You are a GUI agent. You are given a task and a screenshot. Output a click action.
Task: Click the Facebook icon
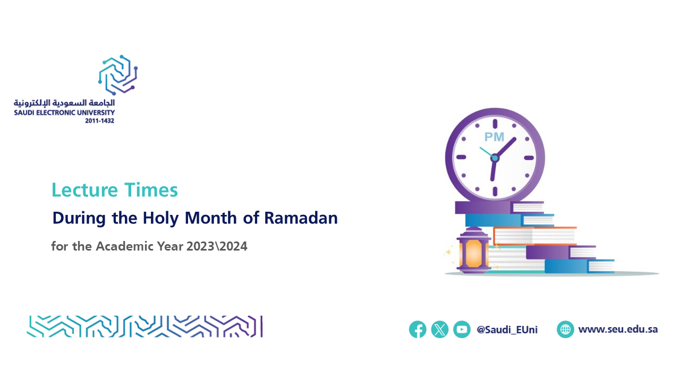pyautogui.click(x=418, y=329)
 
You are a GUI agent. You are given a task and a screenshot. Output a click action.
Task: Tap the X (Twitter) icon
pyautogui.click(x=439, y=329)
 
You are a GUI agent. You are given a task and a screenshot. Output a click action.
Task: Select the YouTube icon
pyautogui.click(x=462, y=329)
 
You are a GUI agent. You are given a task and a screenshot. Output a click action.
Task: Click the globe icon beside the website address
pyautogui.click(x=565, y=329)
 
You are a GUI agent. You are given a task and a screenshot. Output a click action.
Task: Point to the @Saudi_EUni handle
pyautogui.click(x=507, y=330)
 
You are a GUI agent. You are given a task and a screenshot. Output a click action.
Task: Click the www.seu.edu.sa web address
pyautogui.click(x=618, y=329)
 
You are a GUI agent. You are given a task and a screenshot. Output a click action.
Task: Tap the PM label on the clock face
pyautogui.click(x=494, y=137)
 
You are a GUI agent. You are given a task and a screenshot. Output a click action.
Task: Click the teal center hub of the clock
pyautogui.click(x=495, y=158)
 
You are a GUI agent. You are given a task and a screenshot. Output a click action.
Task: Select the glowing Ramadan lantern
pyautogui.click(x=473, y=250)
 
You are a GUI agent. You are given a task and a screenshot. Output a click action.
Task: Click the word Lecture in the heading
pyautogui.click(x=84, y=190)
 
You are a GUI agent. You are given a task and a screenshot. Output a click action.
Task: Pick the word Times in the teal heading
pyautogui.click(x=151, y=190)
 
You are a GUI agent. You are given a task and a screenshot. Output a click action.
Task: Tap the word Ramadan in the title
pyautogui.click(x=301, y=218)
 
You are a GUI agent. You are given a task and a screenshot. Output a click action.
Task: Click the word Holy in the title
pyautogui.click(x=160, y=219)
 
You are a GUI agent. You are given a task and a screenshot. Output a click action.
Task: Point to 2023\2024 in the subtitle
pyautogui.click(x=217, y=246)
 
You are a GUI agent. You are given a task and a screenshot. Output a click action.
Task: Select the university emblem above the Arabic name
pyautogui.click(x=118, y=75)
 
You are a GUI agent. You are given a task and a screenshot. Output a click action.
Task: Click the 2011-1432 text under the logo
pyautogui.click(x=99, y=121)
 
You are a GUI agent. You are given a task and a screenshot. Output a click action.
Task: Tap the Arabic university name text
pyautogui.click(x=64, y=103)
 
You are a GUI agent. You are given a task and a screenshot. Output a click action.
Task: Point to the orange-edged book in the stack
pyautogui.click(x=534, y=236)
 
